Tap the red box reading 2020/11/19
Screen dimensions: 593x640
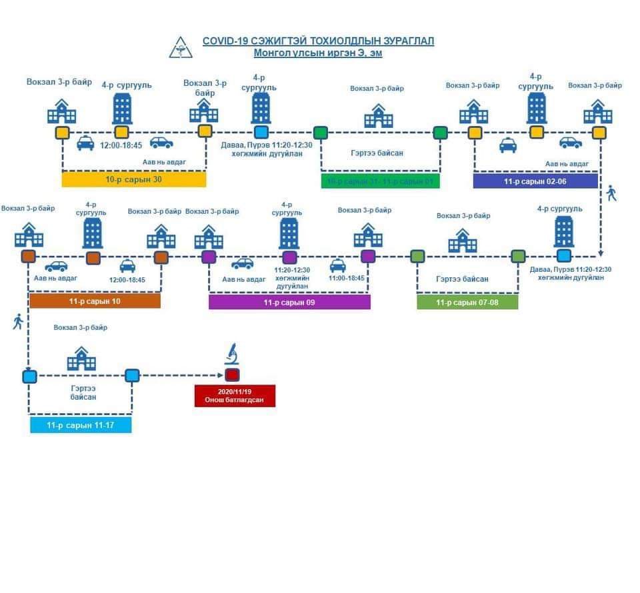(x=235, y=395)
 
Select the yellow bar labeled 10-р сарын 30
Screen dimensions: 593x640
(x=133, y=179)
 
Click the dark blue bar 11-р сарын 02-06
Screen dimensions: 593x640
(x=535, y=181)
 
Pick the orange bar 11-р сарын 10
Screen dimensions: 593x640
(x=95, y=302)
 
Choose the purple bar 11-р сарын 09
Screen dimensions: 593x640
(x=289, y=302)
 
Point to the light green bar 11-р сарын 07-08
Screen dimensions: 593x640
(x=467, y=302)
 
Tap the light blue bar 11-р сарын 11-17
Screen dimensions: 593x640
(x=80, y=424)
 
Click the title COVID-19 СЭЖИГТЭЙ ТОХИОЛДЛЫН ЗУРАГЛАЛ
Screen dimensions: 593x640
(x=318, y=41)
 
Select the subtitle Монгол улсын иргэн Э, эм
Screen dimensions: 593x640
(x=318, y=53)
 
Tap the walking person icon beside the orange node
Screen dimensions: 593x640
(x=18, y=322)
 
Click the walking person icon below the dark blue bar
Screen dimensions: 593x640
(x=611, y=194)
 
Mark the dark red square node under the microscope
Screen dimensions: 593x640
(x=232, y=375)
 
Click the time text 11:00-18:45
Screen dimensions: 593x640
(x=347, y=279)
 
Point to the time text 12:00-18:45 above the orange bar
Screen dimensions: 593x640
(x=127, y=280)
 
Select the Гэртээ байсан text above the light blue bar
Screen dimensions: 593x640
(x=81, y=392)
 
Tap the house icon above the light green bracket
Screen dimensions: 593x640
(x=462, y=241)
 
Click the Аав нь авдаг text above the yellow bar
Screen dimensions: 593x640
(x=164, y=162)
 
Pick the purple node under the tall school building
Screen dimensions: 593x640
(x=289, y=257)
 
